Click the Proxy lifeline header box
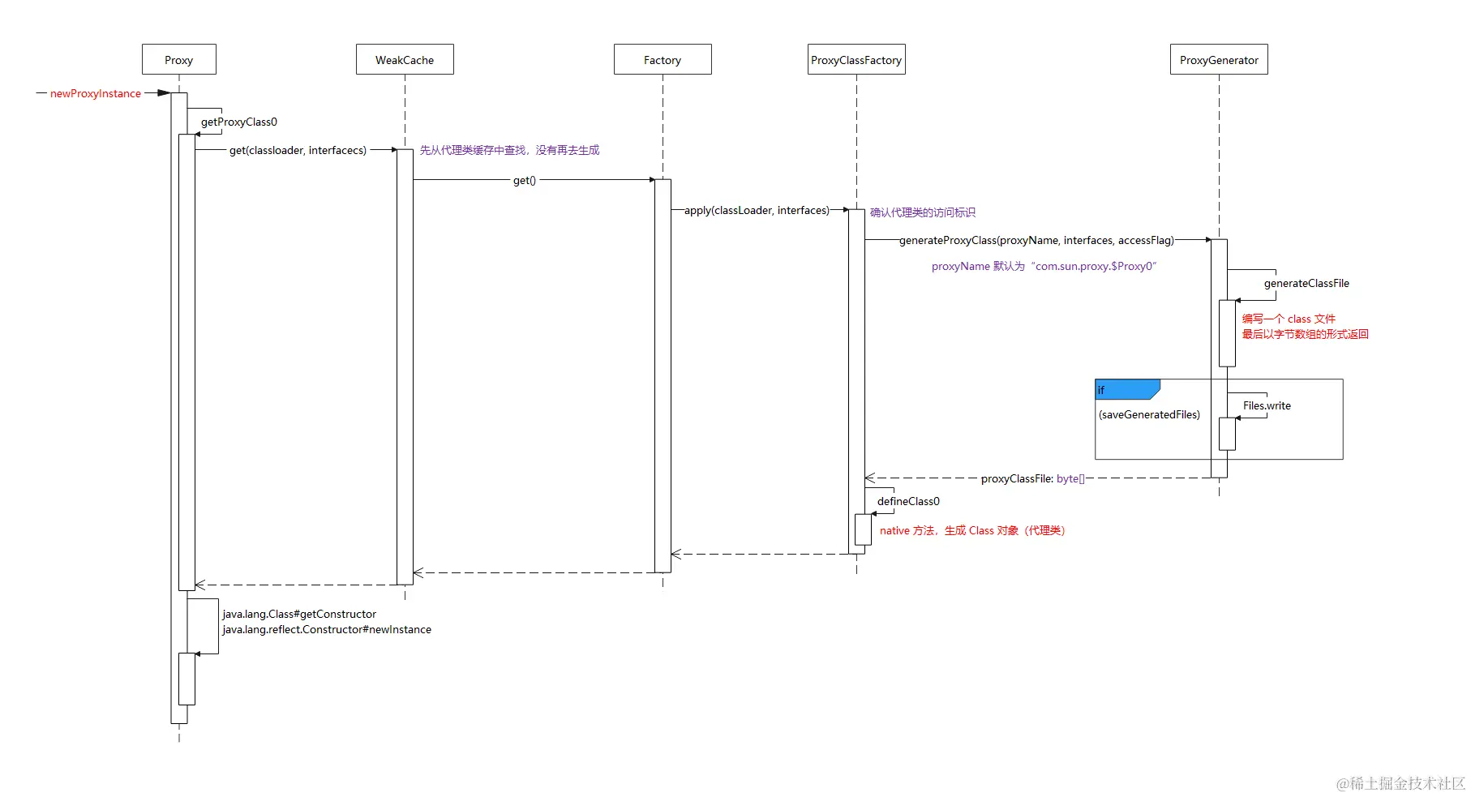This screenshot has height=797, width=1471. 178,60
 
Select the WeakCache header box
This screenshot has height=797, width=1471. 405,60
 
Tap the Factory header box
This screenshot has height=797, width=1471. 663,60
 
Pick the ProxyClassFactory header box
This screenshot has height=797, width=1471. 856,60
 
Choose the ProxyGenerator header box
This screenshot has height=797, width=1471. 1219,60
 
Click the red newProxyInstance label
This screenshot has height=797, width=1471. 96,94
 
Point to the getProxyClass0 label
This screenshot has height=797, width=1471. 239,122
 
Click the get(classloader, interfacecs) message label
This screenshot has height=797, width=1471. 298,150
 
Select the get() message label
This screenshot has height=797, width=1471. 525,181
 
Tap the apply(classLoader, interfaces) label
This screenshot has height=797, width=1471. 757,211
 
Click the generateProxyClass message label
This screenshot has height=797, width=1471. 1036,241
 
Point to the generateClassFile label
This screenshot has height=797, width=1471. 1306,284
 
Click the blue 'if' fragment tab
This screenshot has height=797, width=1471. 1126,390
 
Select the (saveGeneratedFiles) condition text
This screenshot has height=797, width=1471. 1149,415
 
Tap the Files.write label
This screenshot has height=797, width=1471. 1267,406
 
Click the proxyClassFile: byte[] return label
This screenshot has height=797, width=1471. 1032,479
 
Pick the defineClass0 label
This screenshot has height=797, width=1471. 908,502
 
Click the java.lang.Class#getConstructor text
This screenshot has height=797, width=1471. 299,615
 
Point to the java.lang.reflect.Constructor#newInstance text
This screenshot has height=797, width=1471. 327,630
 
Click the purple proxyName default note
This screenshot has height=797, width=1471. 1044,267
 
